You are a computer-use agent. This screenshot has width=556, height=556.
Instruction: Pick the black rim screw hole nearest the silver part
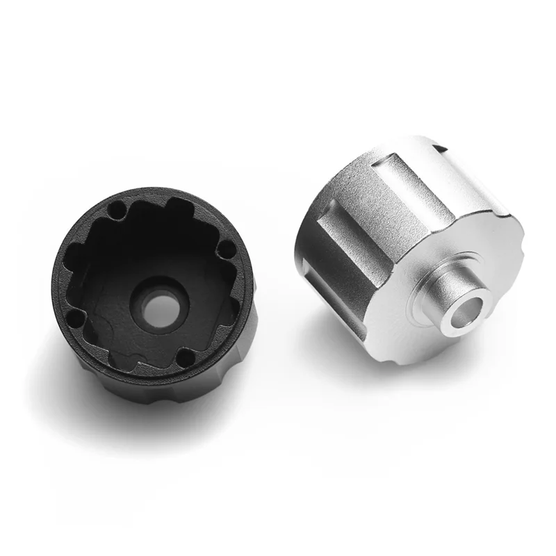[225, 248]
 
